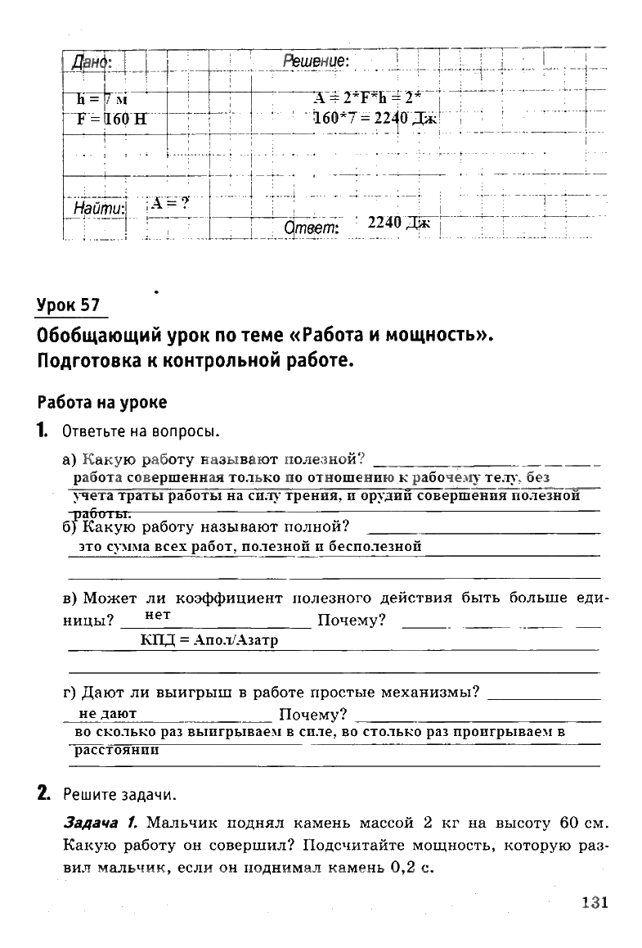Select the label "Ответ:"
pyautogui.click(x=311, y=228)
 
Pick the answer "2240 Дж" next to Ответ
pyautogui.click(x=397, y=222)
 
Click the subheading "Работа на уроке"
pyautogui.click(x=102, y=402)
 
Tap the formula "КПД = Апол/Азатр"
pyautogui.click(x=209, y=640)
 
